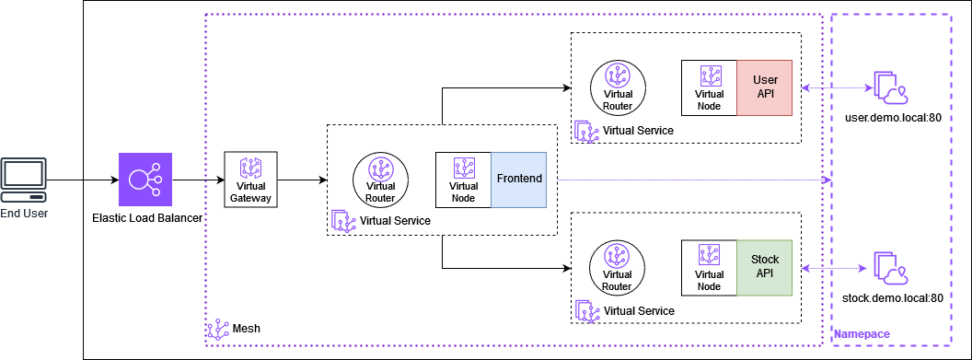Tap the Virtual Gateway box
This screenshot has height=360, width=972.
click(x=251, y=180)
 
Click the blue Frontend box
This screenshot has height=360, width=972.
click(x=519, y=180)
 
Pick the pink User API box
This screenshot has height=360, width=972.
click(x=765, y=87)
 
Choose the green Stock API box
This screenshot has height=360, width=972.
click(x=765, y=267)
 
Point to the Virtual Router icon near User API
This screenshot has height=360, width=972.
click(x=618, y=87)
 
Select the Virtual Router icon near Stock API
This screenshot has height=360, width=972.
click(x=618, y=267)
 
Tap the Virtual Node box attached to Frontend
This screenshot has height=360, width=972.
click(x=463, y=180)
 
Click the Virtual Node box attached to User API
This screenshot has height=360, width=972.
click(x=709, y=87)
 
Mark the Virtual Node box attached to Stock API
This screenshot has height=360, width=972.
click(x=709, y=267)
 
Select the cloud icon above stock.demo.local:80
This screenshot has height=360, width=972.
click(x=890, y=268)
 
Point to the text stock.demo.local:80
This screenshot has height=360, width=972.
click(x=893, y=298)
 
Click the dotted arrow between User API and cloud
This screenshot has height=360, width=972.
click(x=836, y=88)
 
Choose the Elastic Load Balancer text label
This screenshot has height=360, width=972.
click(x=147, y=218)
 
